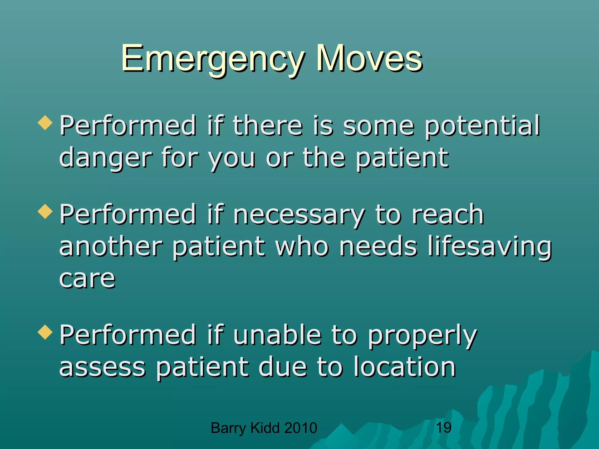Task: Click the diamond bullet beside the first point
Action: click(45, 122)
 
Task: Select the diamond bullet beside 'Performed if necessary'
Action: click(45, 211)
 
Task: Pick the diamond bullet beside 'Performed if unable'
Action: click(45, 332)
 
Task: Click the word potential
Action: click(482, 126)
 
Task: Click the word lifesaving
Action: click(489, 247)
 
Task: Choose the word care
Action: click(87, 279)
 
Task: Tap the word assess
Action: click(102, 368)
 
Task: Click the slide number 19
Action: click(443, 428)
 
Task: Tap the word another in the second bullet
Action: click(111, 247)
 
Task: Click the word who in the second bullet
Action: click(302, 247)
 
